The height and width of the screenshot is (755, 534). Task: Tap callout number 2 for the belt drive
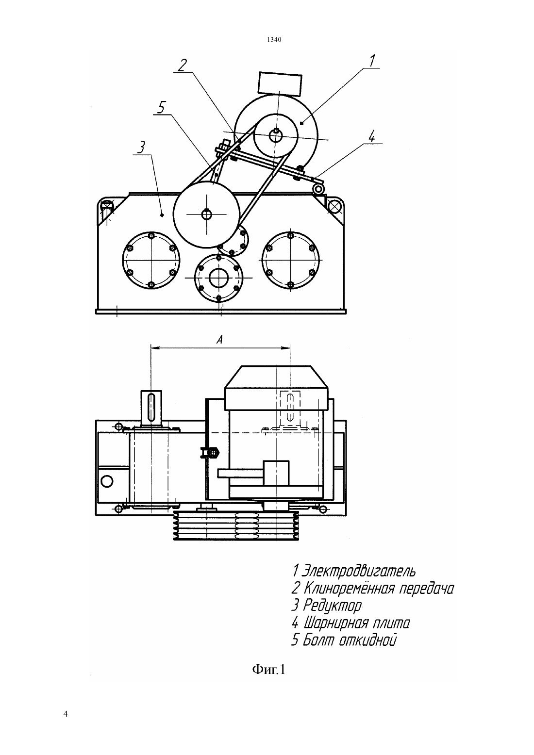click(183, 66)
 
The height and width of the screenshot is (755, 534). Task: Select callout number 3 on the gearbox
click(142, 148)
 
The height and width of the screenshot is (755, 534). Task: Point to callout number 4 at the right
click(371, 137)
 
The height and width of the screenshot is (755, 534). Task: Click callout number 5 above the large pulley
click(162, 108)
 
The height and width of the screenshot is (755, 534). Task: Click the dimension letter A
click(219, 340)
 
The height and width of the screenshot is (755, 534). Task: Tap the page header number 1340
click(274, 40)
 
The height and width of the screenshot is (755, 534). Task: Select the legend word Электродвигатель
click(359, 571)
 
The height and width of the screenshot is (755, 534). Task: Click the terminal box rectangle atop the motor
click(280, 84)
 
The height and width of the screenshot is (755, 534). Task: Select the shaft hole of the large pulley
click(206, 214)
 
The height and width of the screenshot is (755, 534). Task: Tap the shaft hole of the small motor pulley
click(276, 135)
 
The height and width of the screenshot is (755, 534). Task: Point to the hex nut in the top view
click(214, 452)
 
